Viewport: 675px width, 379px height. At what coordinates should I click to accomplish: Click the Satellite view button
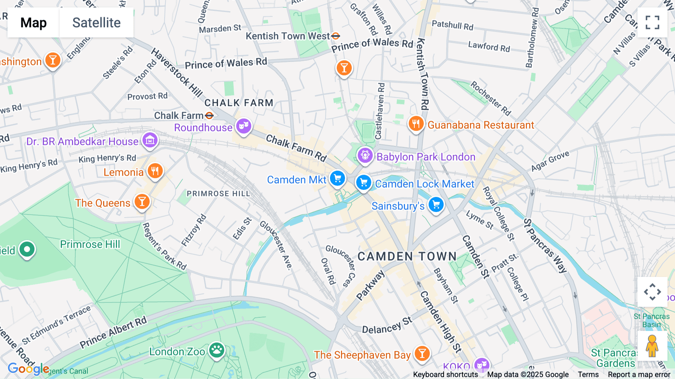pos(96,23)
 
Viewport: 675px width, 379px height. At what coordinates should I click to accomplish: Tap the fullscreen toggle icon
pos(652,23)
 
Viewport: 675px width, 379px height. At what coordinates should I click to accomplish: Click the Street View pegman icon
pos(652,346)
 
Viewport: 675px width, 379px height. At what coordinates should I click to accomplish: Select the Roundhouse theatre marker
pos(243,126)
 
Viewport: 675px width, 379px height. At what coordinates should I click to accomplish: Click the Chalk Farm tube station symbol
pos(209,115)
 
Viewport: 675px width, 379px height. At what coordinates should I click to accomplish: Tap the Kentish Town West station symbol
pos(336,36)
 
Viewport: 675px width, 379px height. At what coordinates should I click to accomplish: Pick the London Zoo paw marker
pos(217,350)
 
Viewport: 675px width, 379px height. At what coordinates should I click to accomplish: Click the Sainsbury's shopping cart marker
pos(436,205)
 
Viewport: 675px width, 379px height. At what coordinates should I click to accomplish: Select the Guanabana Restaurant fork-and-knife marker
pos(416,123)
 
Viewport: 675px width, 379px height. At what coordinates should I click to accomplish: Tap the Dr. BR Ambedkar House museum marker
pos(150,141)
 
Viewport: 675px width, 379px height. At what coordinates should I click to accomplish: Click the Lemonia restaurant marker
pos(155,171)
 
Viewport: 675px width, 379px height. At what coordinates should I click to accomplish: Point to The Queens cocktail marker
pos(142,202)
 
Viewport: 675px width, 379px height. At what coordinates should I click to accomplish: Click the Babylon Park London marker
pos(365,155)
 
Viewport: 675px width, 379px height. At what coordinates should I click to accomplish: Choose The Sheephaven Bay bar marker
pos(422,353)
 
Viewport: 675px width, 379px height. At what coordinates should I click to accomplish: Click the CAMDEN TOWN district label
pos(407,256)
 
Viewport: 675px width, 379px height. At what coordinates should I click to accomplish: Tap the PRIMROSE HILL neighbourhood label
pos(218,194)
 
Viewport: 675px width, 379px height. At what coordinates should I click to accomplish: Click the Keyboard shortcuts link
pos(445,374)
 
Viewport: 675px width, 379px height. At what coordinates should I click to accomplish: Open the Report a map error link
pos(639,374)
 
